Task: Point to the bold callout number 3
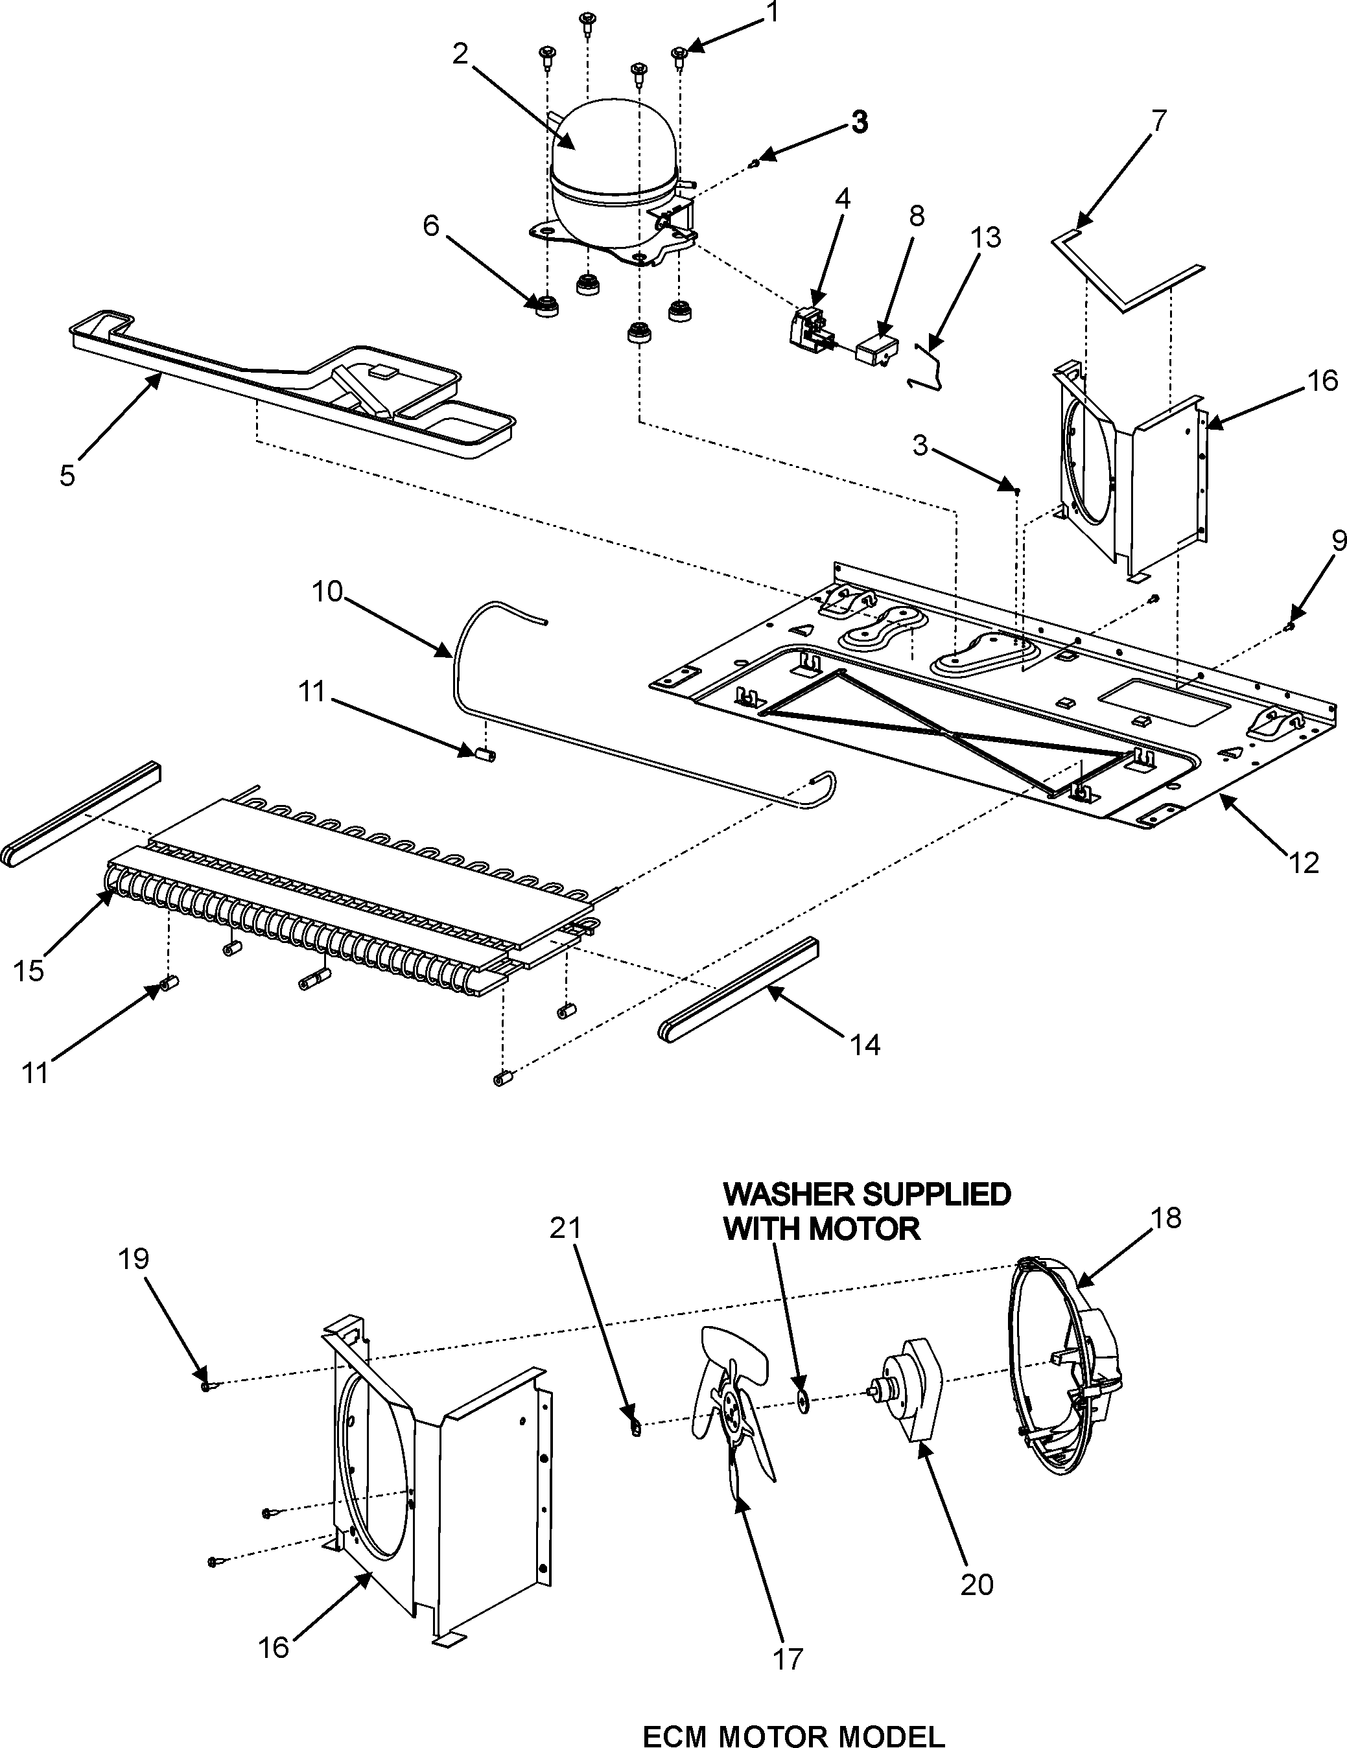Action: (858, 122)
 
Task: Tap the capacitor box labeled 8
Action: (874, 351)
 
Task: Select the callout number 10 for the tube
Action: (327, 592)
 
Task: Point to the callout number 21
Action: (565, 1227)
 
